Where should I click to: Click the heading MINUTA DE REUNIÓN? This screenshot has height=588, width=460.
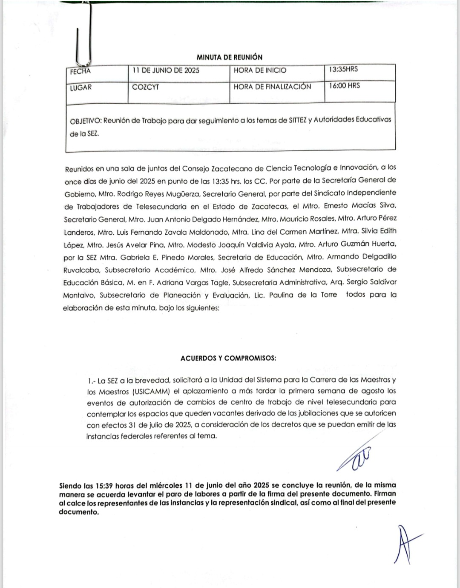[230, 57]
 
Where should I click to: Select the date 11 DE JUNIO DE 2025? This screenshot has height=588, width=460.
[166, 71]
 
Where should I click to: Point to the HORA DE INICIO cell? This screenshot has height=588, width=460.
[260, 71]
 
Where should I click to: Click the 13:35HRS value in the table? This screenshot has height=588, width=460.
[343, 69]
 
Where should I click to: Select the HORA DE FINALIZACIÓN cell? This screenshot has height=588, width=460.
[272, 87]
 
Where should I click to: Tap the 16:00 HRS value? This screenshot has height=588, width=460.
[344, 85]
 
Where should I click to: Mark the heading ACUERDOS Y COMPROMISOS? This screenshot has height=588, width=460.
[228, 358]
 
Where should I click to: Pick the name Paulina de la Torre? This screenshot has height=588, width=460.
[303, 295]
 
